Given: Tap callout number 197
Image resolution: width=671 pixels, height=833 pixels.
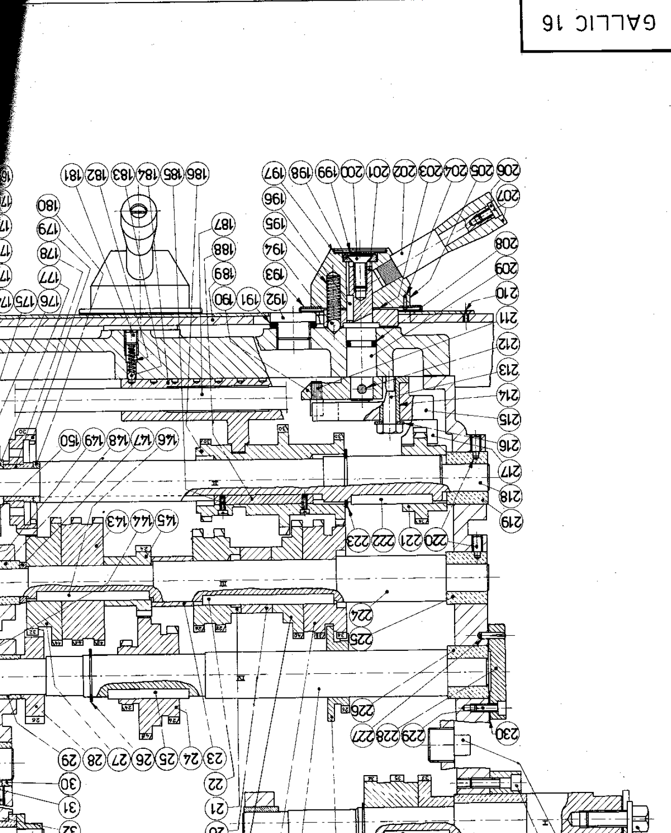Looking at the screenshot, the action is click(274, 172).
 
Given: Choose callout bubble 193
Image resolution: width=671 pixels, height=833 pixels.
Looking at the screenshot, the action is click(274, 275).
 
